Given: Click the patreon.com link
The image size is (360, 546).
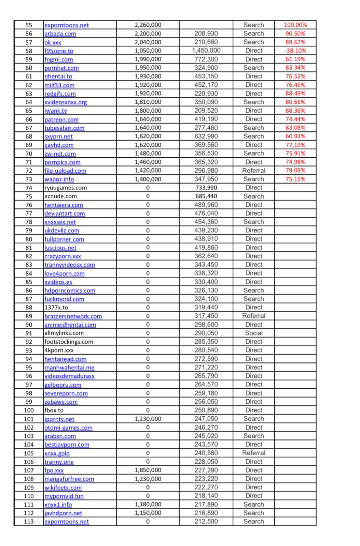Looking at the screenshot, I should (x=61, y=119).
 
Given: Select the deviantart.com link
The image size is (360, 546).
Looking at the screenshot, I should (x=65, y=214).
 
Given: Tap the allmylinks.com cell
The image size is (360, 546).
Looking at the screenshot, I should (x=64, y=333).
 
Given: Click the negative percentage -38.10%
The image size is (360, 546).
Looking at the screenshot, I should (x=295, y=51).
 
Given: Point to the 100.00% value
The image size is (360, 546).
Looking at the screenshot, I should (x=295, y=25).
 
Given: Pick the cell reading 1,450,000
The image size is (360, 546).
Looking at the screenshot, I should (x=206, y=51).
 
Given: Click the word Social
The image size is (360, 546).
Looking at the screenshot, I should (x=253, y=333).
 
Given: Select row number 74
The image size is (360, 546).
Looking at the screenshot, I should (x=29, y=188).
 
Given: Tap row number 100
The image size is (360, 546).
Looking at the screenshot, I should (x=29, y=410).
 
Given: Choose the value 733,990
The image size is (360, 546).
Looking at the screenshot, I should (x=206, y=188).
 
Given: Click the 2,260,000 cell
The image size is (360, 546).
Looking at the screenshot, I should (x=148, y=25).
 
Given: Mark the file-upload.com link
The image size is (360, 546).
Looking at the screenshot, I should (x=65, y=171).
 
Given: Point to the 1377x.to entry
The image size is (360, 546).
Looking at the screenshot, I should (x=56, y=307).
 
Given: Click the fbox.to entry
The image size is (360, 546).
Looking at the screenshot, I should (x=54, y=410).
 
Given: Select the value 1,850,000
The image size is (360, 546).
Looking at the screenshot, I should (x=148, y=470).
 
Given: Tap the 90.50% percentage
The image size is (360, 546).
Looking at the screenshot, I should (x=295, y=33).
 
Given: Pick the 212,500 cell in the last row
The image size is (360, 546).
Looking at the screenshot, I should (x=206, y=521).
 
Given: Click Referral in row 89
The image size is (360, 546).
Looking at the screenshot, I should (x=253, y=316).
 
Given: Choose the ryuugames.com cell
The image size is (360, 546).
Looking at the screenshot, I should (x=66, y=188).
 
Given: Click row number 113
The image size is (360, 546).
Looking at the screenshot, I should (x=29, y=521).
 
